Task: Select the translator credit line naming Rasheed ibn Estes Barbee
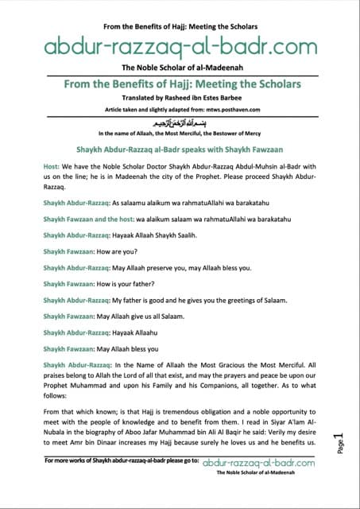(180, 99)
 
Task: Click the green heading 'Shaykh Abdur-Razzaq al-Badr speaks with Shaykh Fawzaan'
(180, 147)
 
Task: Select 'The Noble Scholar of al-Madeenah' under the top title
(180, 69)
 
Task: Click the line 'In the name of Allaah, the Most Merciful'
(180, 134)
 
